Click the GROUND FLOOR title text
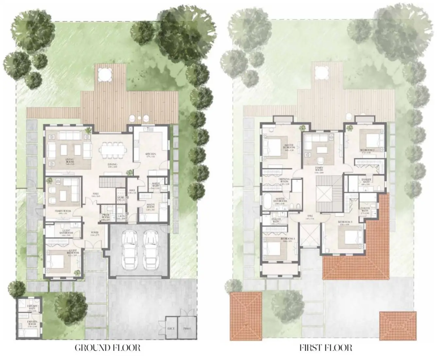tap(108, 347)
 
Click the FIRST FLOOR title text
tap(326, 347)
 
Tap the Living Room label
tap(69, 160)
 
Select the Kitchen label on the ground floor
tap(151, 154)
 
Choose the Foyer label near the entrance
tap(95, 233)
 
